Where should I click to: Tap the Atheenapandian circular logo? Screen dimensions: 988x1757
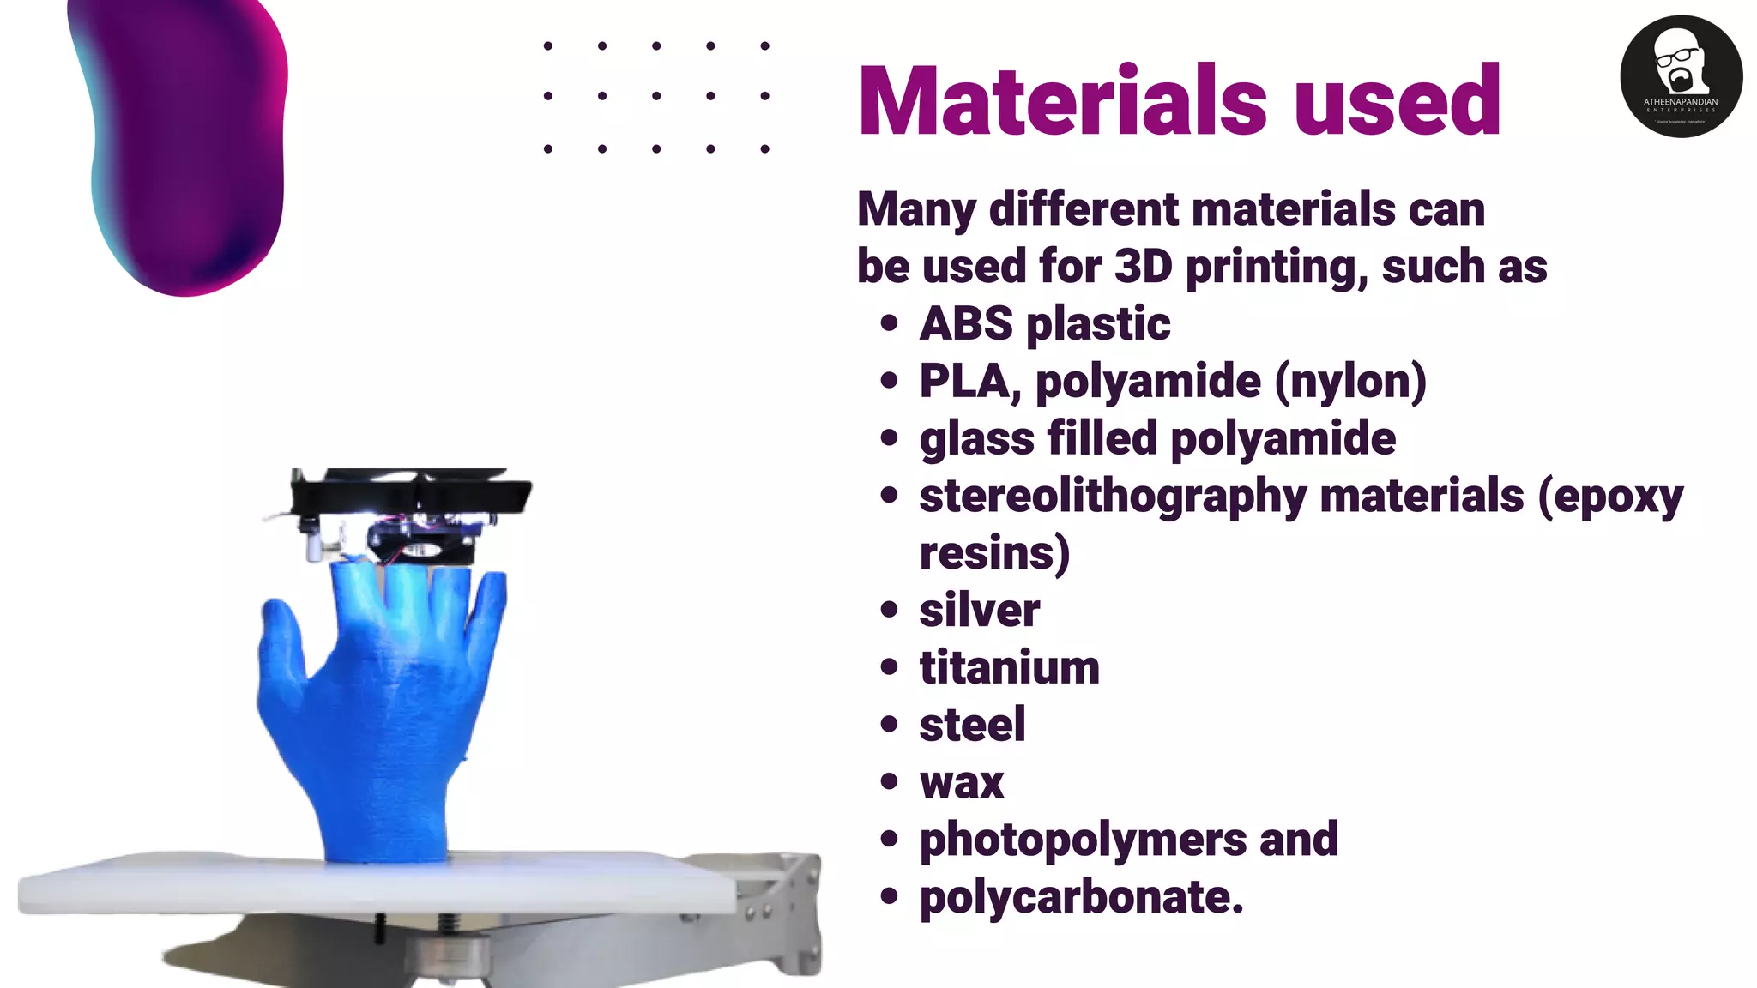[1681, 76]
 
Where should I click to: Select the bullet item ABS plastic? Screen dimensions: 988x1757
[1044, 324]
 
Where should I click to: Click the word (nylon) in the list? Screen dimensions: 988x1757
[1350, 381]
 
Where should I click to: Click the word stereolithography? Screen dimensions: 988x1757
[1113, 497]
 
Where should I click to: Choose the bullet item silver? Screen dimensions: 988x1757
[979, 611]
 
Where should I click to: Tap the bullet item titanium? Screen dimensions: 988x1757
[1009, 668]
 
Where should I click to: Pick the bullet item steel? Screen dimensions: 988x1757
[972, 726]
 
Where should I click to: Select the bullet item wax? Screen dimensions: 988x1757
[961, 783]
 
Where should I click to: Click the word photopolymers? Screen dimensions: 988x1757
[1083, 840]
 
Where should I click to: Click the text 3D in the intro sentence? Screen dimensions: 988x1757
[1143, 267]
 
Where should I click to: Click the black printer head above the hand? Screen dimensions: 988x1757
[412, 515]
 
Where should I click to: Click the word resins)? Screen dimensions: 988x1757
[994, 554]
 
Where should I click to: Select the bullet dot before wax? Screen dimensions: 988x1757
[889, 782]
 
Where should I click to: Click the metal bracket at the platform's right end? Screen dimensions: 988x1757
[794, 909]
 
